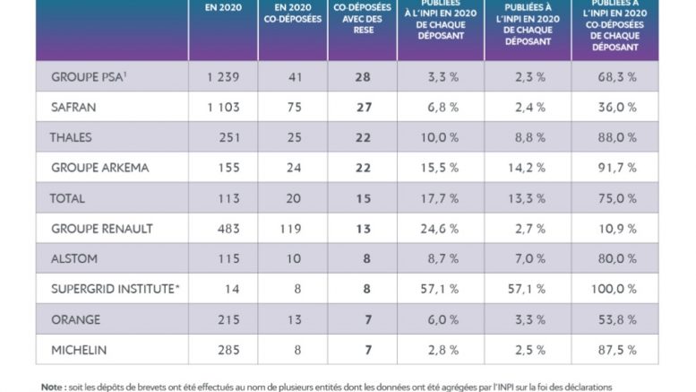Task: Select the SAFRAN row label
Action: [73, 107]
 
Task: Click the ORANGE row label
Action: [75, 319]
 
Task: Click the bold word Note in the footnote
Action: [52, 387]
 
